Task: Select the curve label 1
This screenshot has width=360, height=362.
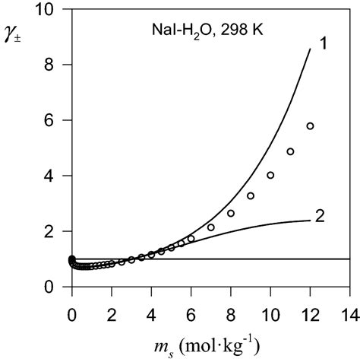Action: click(x=321, y=44)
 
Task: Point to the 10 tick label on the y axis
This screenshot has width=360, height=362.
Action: click(x=50, y=10)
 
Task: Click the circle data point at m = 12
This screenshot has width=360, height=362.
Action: click(x=310, y=126)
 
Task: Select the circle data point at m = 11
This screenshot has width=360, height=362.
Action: click(x=290, y=151)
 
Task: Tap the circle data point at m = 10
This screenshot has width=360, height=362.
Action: click(x=270, y=175)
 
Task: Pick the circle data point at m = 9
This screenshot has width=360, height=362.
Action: click(x=251, y=195)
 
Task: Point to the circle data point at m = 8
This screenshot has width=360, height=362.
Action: click(x=231, y=213)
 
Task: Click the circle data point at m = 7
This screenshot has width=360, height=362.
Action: click(x=211, y=227)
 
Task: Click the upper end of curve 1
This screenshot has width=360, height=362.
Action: click(x=310, y=49)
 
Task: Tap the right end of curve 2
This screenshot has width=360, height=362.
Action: click(x=310, y=220)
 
